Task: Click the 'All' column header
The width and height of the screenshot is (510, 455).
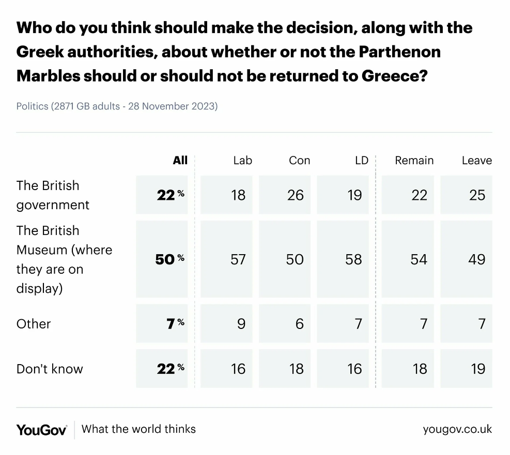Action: tap(180, 160)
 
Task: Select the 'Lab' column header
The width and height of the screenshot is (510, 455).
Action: tap(243, 160)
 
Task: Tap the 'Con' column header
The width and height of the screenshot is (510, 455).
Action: tap(300, 160)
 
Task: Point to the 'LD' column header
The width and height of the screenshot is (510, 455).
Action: tap(362, 160)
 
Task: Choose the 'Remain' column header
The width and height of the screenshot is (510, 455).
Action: tap(414, 160)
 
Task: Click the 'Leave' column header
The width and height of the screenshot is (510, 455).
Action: tap(477, 160)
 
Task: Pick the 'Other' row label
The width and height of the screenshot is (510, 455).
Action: tap(34, 324)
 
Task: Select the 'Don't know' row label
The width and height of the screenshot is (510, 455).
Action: tap(50, 369)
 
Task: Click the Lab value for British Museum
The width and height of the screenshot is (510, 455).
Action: tap(238, 259)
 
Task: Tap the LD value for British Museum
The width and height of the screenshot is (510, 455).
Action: tap(353, 259)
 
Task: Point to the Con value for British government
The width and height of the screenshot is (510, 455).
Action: tap(296, 195)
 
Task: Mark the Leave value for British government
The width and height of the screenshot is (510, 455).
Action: tap(477, 195)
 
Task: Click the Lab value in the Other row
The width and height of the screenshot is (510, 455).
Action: tap(241, 324)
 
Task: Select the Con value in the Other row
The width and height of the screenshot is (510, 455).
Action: tap(300, 324)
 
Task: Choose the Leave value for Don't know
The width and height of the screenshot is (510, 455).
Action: tap(478, 369)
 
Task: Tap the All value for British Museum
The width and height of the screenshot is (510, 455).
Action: tap(170, 259)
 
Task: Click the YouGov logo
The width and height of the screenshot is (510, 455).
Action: tap(42, 430)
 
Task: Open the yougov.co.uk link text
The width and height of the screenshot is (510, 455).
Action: tap(457, 429)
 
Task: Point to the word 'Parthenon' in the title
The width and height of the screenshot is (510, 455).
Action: tap(400, 52)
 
